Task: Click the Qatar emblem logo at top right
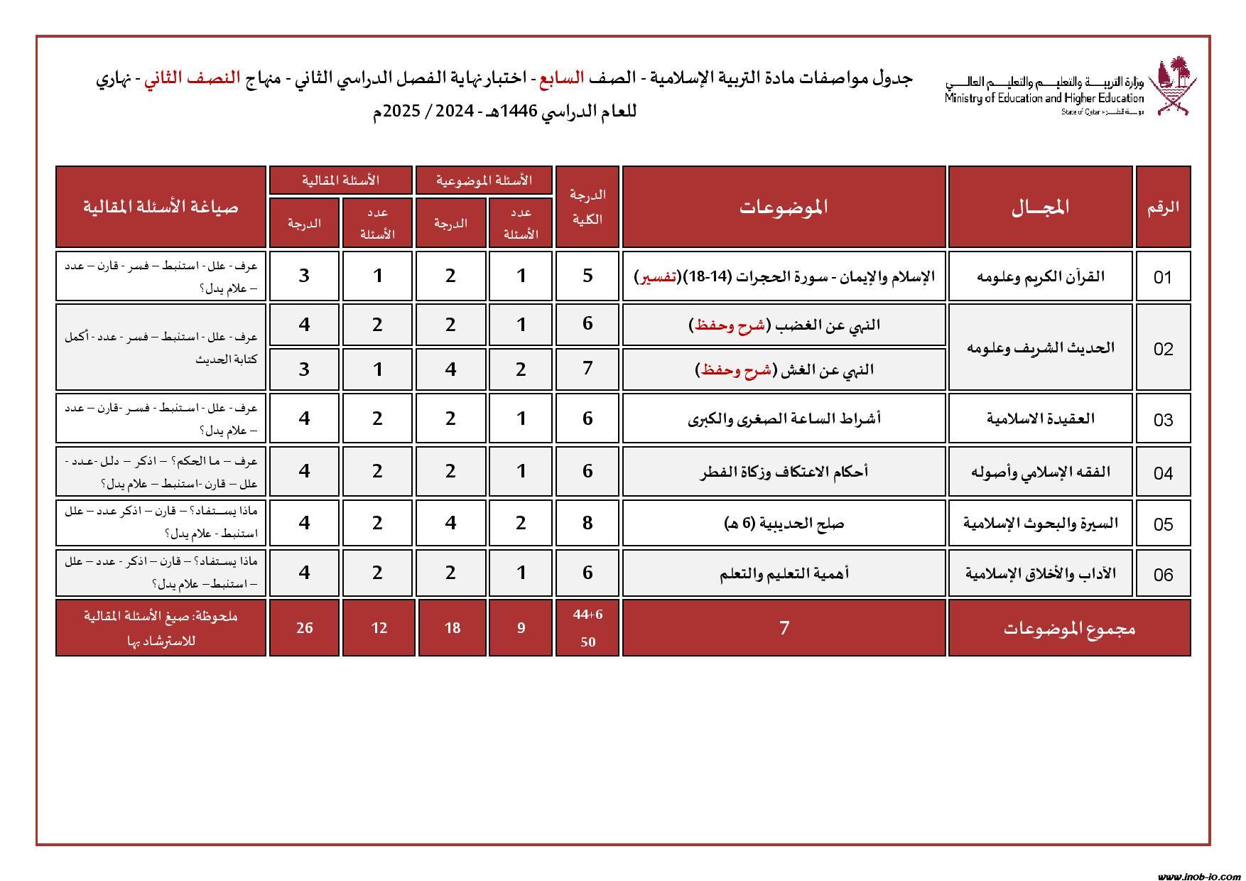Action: point(1176,87)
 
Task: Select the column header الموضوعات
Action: point(784,207)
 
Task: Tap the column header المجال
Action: point(1040,207)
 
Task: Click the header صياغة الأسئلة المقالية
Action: point(161,207)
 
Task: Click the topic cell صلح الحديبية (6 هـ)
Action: point(784,524)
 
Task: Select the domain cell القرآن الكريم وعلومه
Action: point(1040,276)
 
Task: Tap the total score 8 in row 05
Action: point(587,524)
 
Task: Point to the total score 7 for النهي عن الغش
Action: point(587,369)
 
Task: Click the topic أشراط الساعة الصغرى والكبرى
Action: point(784,418)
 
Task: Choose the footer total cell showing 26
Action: point(304,628)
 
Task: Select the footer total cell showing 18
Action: point(452,628)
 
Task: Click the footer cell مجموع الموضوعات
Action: point(1068,628)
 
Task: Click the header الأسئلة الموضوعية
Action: point(484,180)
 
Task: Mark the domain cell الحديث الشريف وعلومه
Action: point(1040,347)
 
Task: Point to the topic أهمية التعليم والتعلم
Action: point(784,573)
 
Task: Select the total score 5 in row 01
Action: point(587,276)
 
